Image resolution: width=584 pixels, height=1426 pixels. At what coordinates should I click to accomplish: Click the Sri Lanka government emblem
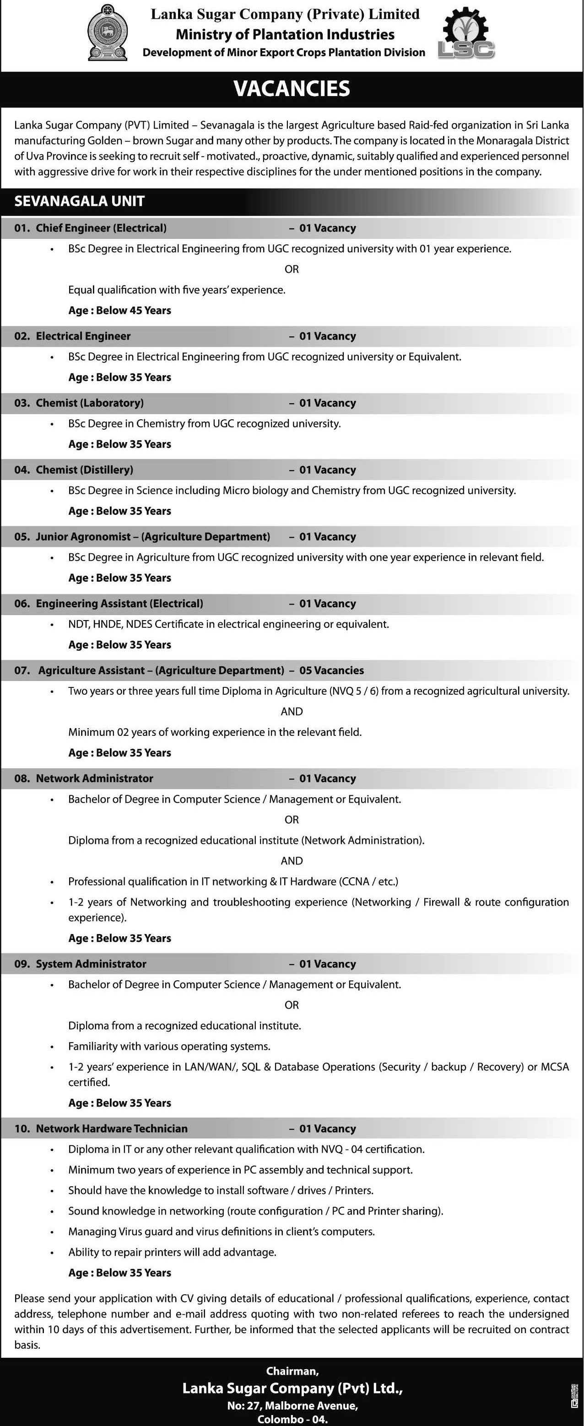[x=108, y=32]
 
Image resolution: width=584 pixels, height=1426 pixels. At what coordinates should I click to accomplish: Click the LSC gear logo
[x=466, y=33]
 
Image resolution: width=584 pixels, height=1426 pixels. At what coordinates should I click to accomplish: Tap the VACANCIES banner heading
[x=292, y=89]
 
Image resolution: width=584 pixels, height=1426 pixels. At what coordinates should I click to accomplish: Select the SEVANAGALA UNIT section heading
[x=79, y=201]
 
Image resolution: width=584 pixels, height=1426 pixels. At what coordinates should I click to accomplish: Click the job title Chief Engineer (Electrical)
[x=101, y=228]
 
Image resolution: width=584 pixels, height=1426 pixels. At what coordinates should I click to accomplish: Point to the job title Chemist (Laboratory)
[x=90, y=403]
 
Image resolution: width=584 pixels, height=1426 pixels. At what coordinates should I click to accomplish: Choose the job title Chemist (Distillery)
[x=85, y=470]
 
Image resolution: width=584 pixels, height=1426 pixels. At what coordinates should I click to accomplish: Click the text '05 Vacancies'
[x=331, y=670]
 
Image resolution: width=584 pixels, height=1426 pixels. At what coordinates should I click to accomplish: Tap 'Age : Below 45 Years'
[x=119, y=311]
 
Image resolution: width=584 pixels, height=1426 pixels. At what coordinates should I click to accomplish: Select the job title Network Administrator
[x=95, y=778]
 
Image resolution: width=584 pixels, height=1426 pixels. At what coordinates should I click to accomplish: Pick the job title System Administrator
[x=92, y=964]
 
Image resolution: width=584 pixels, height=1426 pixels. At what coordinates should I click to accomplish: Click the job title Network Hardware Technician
[x=112, y=1128]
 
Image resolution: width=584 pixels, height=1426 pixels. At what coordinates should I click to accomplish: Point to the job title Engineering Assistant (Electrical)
[x=119, y=603]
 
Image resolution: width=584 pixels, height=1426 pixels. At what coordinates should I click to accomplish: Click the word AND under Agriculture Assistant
[x=292, y=711]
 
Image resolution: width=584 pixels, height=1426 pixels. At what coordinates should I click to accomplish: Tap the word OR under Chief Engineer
[x=292, y=269]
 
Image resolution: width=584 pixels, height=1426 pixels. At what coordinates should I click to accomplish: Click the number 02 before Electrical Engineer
[x=22, y=336]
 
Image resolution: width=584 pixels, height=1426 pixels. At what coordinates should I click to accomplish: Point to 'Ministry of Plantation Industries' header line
[x=285, y=34]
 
